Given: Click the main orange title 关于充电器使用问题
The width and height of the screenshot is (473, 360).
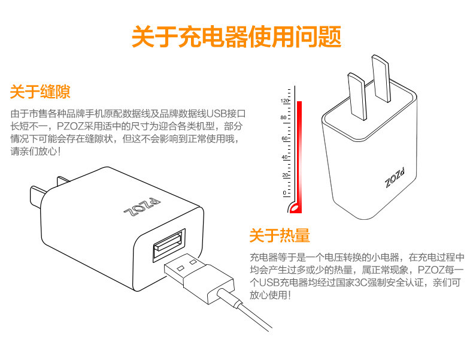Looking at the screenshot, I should [x=236, y=36].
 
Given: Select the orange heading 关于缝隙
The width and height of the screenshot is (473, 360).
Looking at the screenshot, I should [x=40, y=92].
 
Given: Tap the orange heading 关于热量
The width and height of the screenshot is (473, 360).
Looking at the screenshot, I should [x=280, y=235].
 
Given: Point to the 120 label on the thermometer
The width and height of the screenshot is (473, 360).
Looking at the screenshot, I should [x=284, y=101].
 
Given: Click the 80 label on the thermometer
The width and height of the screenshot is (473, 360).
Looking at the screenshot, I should [x=284, y=118].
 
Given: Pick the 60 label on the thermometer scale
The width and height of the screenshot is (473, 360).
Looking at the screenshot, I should [x=285, y=138].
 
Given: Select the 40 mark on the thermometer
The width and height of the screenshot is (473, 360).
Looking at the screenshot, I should [x=285, y=157].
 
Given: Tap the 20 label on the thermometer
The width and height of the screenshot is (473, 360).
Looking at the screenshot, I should [x=285, y=175].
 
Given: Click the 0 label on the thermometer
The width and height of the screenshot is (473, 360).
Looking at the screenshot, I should [x=285, y=193].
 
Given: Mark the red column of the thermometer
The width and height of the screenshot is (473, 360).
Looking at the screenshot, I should [x=299, y=150].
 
